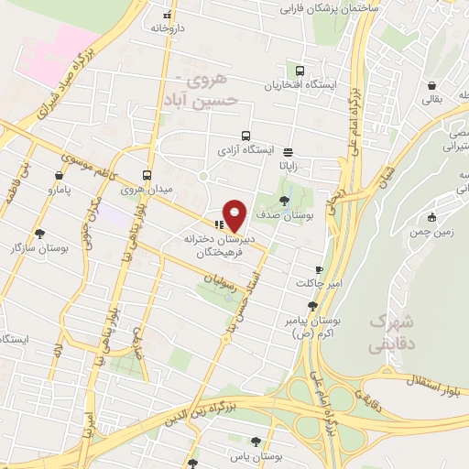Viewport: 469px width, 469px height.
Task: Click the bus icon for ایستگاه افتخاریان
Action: (x=300, y=71)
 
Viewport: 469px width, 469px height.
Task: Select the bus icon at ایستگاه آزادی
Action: (x=245, y=136)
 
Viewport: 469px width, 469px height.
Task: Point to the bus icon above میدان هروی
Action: (x=147, y=175)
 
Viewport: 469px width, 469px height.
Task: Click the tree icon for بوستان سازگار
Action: (x=39, y=234)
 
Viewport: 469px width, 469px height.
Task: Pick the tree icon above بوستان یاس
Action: (x=267, y=442)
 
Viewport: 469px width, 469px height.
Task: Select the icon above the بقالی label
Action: (x=431, y=85)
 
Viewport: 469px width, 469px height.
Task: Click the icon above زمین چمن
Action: (x=431, y=217)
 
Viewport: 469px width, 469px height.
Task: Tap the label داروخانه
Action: (x=168, y=27)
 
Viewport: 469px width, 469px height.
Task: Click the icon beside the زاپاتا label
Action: (x=289, y=152)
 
